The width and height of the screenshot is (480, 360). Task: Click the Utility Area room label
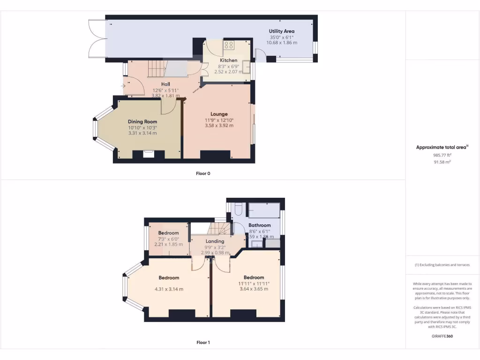pyautogui.click(x=282, y=31)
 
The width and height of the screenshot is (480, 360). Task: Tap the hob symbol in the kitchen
pyautogui.click(x=229, y=45)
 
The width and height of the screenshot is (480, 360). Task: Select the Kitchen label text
pyautogui.click(x=229, y=60)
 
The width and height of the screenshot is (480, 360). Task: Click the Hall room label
pyautogui.click(x=159, y=84)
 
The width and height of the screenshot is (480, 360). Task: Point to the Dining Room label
pyautogui.click(x=142, y=121)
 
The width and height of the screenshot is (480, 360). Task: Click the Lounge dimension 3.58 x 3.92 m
pyautogui.click(x=219, y=126)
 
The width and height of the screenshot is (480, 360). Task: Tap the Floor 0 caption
pyautogui.click(x=203, y=173)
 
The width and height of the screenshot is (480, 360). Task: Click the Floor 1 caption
pyautogui.click(x=203, y=343)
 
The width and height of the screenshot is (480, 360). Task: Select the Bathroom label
pyautogui.click(x=260, y=225)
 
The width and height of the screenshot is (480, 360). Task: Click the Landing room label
pyautogui.click(x=215, y=241)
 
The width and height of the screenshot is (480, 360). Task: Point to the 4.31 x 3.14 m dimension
pyautogui.click(x=169, y=289)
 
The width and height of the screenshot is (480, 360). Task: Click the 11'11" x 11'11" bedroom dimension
pyautogui.click(x=254, y=283)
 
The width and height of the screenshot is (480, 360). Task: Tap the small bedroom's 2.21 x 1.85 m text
pyautogui.click(x=168, y=244)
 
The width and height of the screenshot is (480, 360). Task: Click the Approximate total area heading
pyautogui.click(x=442, y=147)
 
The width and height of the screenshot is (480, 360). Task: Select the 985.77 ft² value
pyautogui.click(x=442, y=155)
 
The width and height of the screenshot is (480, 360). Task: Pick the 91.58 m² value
pyautogui.click(x=442, y=162)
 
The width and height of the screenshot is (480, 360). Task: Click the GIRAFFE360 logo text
pyautogui.click(x=442, y=336)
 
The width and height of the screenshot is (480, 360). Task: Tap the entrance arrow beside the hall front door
pyautogui.click(x=123, y=86)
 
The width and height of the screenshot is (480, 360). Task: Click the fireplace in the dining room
pyautogui.click(x=149, y=152)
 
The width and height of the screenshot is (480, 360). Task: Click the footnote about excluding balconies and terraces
pyautogui.click(x=442, y=265)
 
